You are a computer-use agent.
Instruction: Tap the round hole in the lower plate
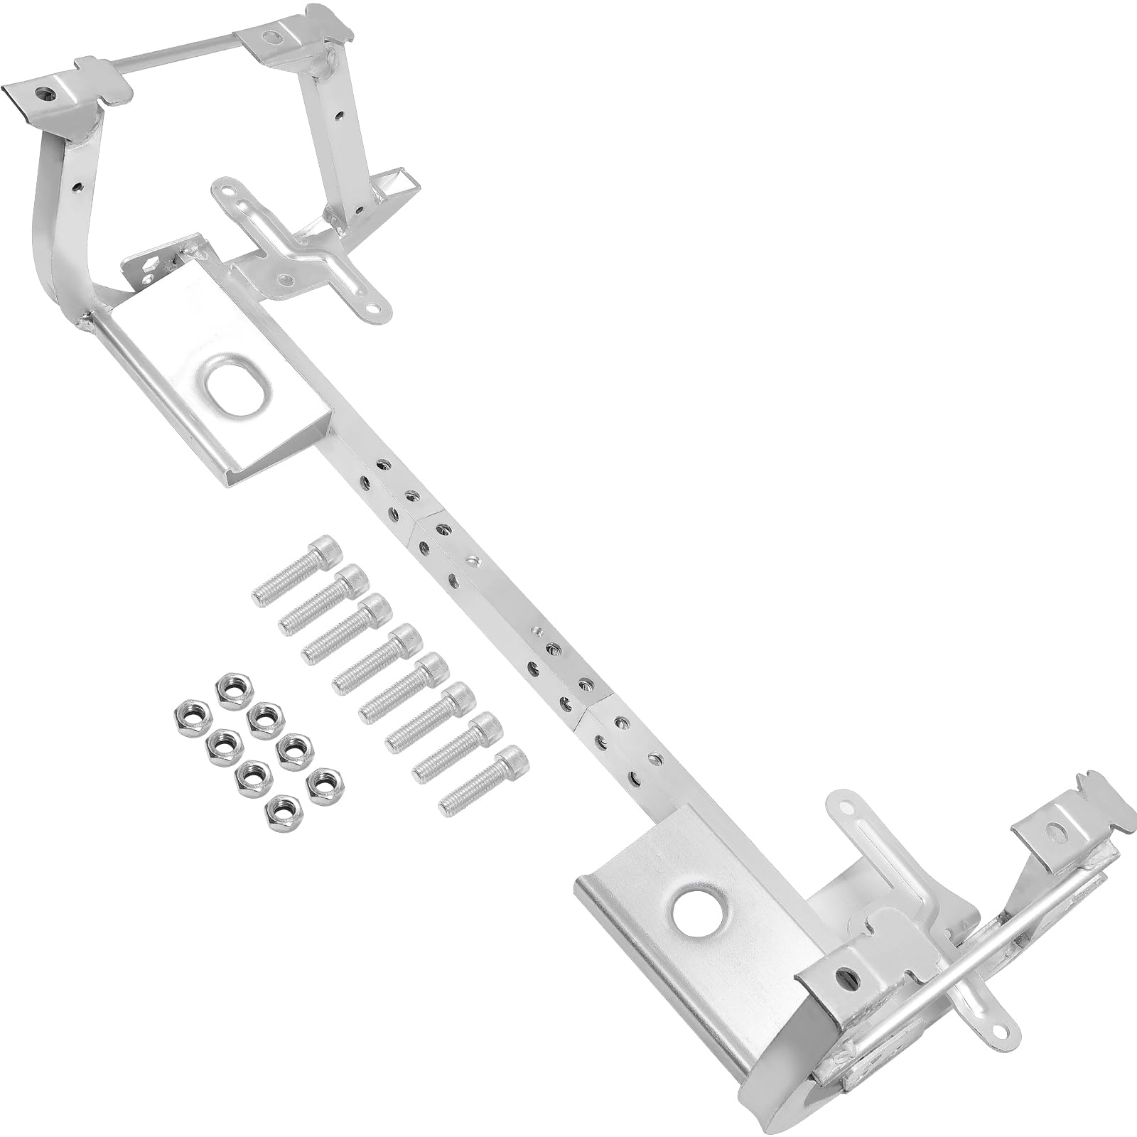(x=694, y=911)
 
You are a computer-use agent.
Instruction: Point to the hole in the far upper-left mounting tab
(x=47, y=92)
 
